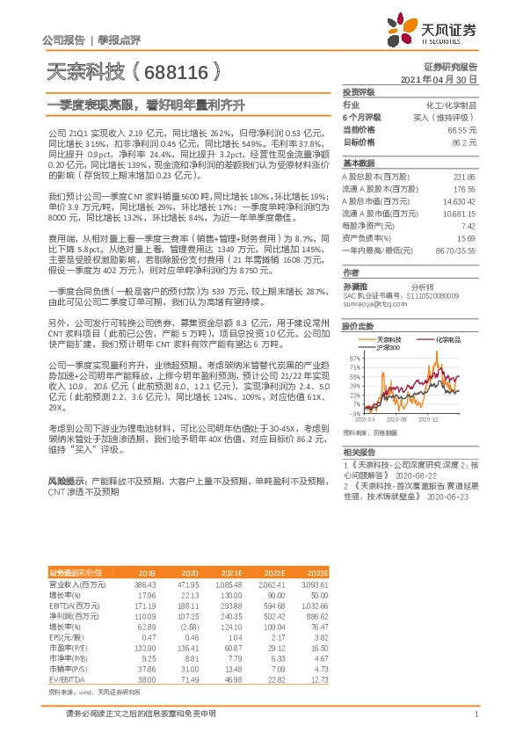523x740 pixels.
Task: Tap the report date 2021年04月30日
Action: pyautogui.click(x=439, y=79)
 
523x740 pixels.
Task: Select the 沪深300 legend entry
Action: pyautogui.click(x=387, y=347)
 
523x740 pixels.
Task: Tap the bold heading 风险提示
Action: pyautogui.click(x=66, y=482)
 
